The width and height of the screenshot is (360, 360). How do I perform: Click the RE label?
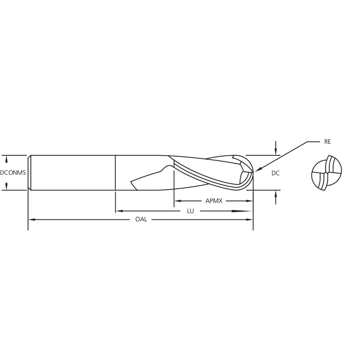[x=327, y=142]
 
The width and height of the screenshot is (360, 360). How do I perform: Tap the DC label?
[x=275, y=173]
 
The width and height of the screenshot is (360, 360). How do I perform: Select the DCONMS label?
[x=13, y=172]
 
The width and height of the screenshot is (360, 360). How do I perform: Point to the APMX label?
[x=214, y=201]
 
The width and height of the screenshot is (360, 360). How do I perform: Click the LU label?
[x=190, y=211]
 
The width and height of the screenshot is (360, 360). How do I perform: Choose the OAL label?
[x=141, y=219]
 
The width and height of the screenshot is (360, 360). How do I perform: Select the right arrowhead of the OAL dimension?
[x=249, y=219]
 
